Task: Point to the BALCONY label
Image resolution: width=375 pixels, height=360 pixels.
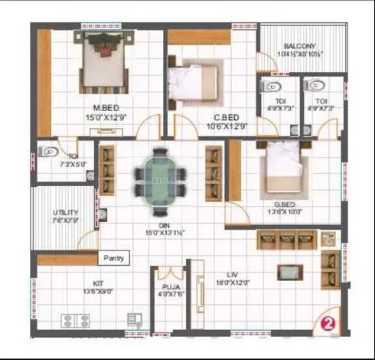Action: [294, 46]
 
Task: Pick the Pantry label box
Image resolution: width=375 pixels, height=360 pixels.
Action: [115, 258]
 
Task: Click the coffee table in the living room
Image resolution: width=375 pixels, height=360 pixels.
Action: [289, 272]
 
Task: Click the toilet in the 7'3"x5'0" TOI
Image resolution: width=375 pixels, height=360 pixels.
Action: [45, 150]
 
